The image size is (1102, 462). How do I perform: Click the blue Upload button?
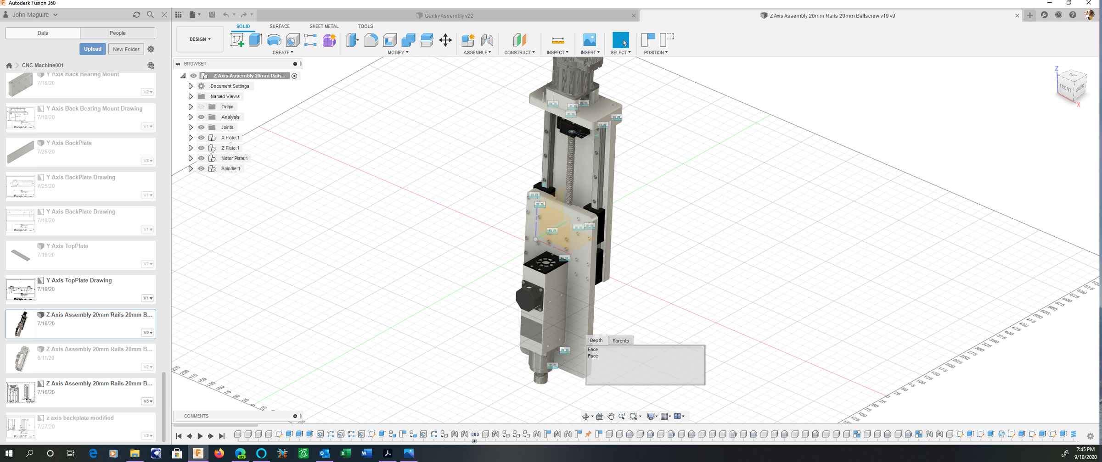coord(92,49)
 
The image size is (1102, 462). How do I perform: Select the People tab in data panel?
coord(118,33)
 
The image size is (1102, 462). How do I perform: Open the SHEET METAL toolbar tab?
coord(324,26)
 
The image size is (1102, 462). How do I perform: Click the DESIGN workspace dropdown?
coord(200,39)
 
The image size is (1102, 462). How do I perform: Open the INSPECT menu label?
coord(557,52)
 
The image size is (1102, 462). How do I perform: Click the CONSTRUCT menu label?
coord(519,52)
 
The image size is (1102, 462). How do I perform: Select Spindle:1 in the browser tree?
coord(231,168)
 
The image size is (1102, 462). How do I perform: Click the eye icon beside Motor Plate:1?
coord(201,158)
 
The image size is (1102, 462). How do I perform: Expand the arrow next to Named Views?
coord(191,96)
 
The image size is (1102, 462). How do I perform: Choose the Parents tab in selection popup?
coord(620,340)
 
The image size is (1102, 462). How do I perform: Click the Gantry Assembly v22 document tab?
coord(449,16)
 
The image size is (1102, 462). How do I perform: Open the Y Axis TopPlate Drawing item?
coord(79,280)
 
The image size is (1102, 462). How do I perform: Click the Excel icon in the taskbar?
coord(345,453)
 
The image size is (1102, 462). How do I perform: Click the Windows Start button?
coord(9,453)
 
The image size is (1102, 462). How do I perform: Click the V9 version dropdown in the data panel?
coord(147,333)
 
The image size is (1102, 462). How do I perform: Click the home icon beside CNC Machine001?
coord(9,65)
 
